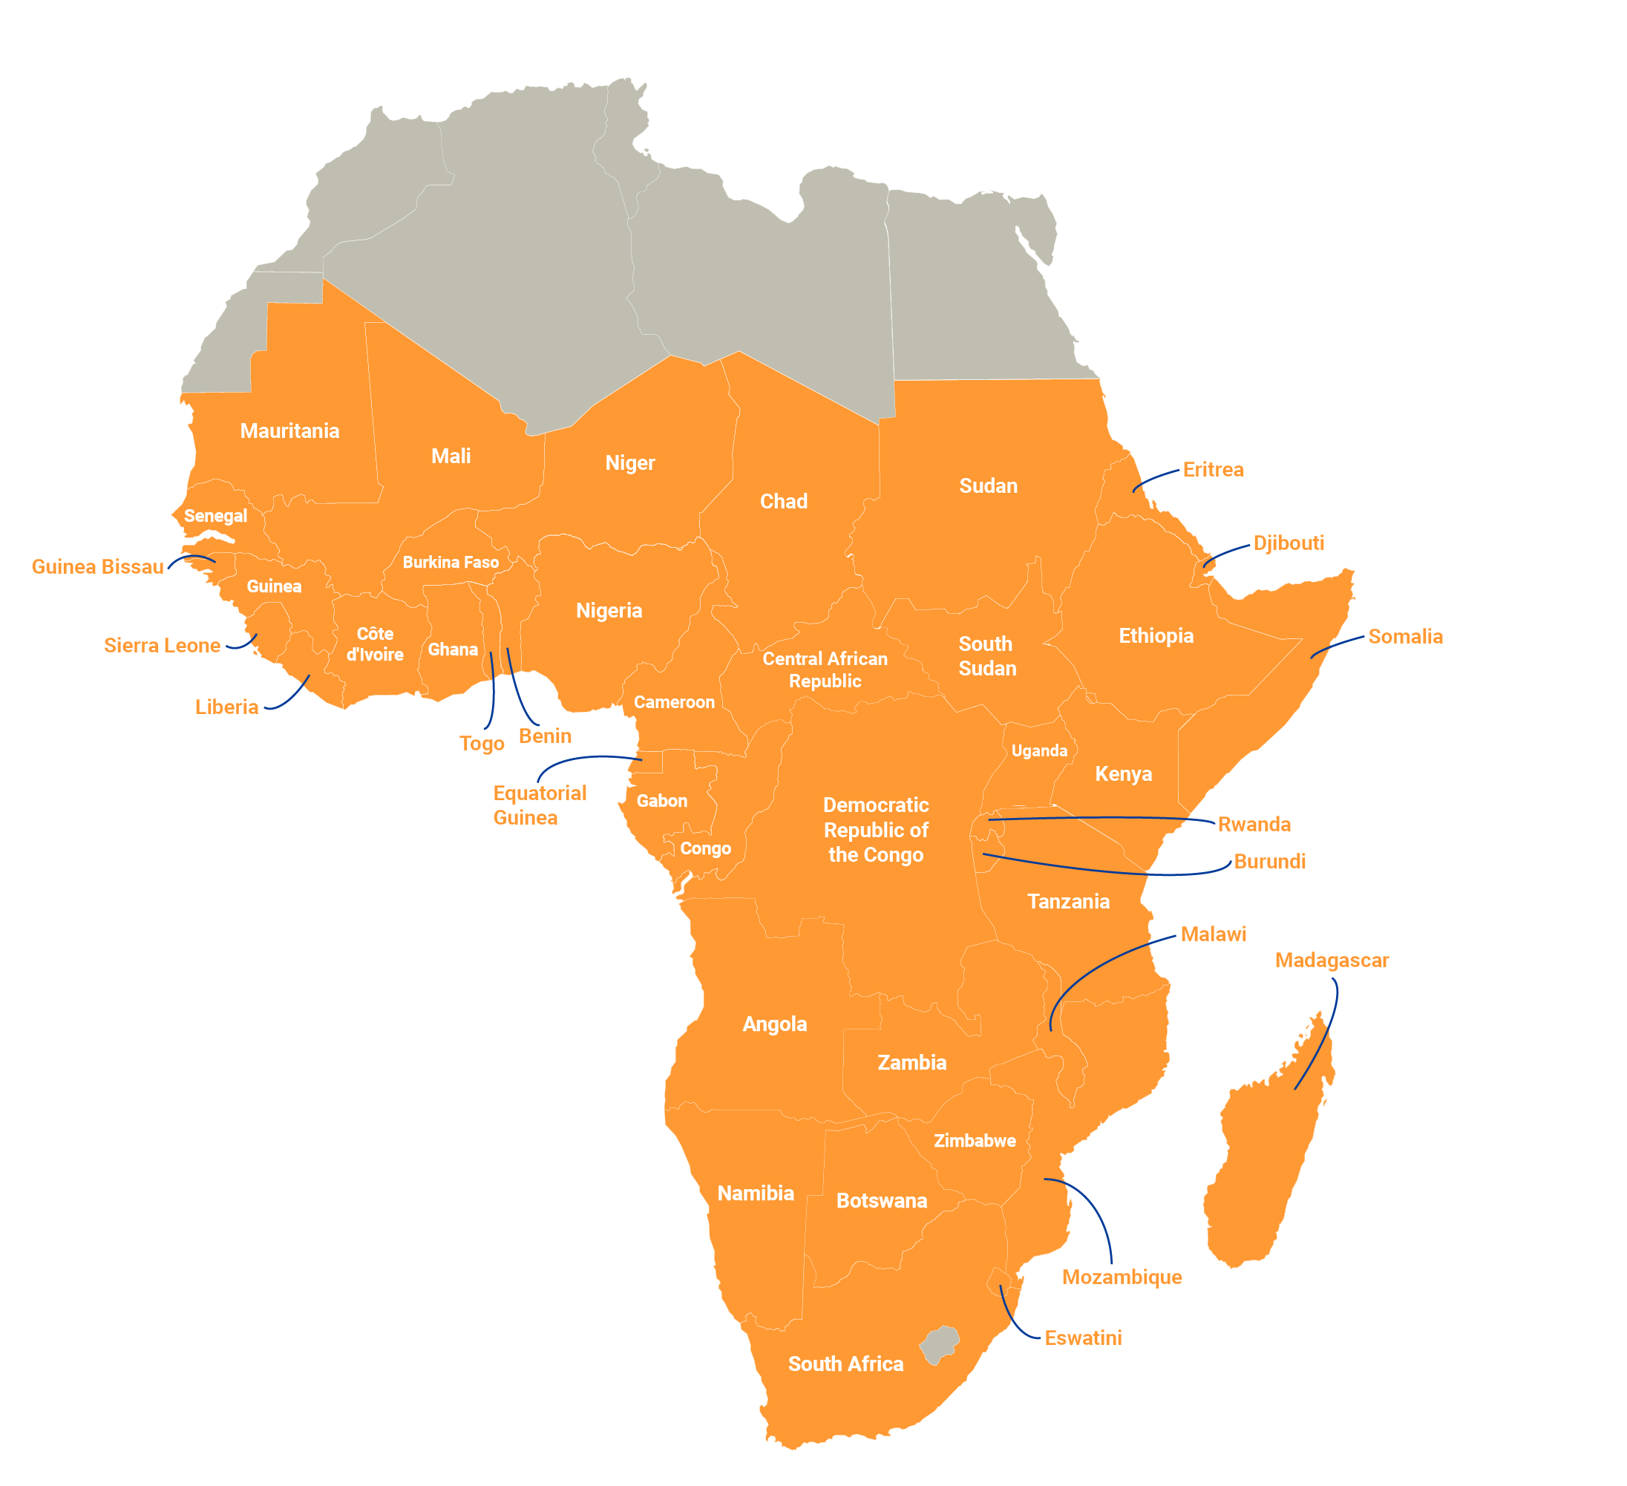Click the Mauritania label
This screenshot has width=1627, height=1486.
(x=289, y=431)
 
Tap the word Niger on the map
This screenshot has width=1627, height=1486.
(x=629, y=463)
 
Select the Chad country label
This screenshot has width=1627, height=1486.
(x=783, y=501)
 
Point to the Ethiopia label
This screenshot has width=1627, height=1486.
(x=1156, y=636)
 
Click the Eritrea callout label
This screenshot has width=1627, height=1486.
(x=1212, y=471)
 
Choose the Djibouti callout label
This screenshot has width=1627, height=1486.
(x=1288, y=543)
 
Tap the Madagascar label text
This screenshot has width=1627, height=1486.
(x=1331, y=960)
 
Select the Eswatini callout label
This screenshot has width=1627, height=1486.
(x=1082, y=1338)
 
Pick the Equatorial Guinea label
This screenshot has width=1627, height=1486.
(x=538, y=805)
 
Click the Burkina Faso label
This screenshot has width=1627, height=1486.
(x=451, y=563)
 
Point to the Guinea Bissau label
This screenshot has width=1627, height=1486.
(x=98, y=566)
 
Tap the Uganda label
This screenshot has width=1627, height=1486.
(x=1038, y=750)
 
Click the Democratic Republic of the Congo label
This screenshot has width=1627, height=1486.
(x=876, y=830)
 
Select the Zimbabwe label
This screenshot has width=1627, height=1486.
(x=974, y=1141)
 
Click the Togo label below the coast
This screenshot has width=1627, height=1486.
(x=482, y=744)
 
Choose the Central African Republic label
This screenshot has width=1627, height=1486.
(x=824, y=670)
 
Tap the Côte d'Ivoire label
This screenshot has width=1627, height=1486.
(x=375, y=644)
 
